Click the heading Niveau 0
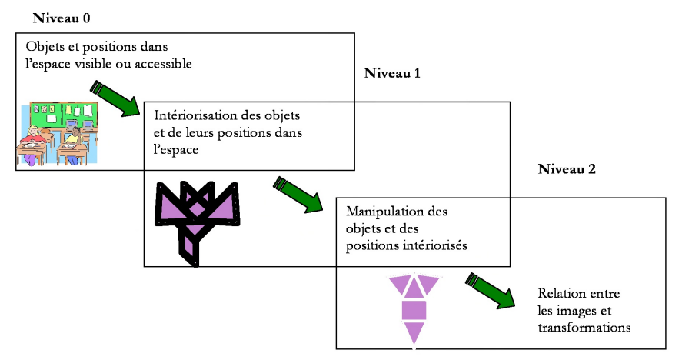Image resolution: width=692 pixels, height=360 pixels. [62, 18]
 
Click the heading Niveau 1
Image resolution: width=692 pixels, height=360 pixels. [392, 73]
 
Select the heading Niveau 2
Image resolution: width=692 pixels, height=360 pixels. [567, 169]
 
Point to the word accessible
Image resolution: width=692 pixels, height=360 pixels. [163, 64]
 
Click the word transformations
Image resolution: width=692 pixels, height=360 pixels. [584, 328]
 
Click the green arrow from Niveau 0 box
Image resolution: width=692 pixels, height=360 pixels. [115, 99]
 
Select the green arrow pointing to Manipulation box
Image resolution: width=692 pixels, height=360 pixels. [298, 195]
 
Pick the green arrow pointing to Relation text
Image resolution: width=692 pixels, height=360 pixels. [491, 290]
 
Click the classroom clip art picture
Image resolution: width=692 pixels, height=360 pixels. [58, 133]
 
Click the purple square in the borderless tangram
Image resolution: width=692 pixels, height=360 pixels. [414, 310]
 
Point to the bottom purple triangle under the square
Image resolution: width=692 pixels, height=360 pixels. [414, 332]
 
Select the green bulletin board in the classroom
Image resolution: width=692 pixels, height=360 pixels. [63, 114]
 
